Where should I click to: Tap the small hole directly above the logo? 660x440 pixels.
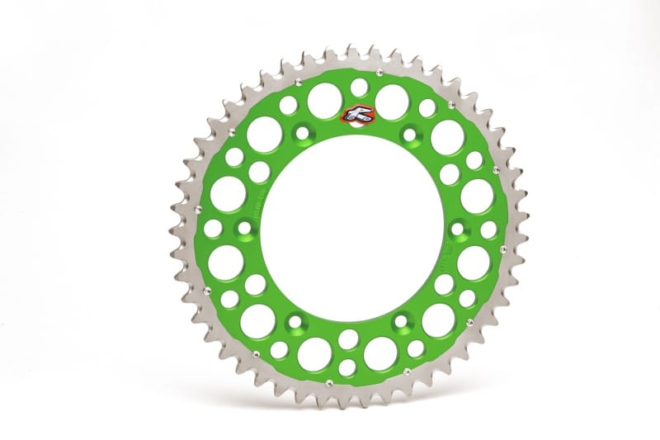pos(359,87)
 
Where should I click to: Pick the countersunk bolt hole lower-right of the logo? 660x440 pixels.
pos(409,134)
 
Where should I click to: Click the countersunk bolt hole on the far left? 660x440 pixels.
pos(245,228)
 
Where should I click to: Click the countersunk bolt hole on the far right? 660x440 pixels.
pos(458,229)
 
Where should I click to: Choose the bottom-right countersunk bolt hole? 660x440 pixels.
pos(401,321)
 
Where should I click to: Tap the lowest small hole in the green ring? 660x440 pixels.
pos(347,367)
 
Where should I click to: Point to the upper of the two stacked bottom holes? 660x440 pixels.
pos(348,339)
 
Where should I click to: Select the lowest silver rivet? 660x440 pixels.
pos(329,382)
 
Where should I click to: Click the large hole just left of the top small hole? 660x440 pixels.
pos(324,101)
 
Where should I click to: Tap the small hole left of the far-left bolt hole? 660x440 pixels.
pos(213,229)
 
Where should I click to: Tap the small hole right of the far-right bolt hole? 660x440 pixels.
pos(488,229)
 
